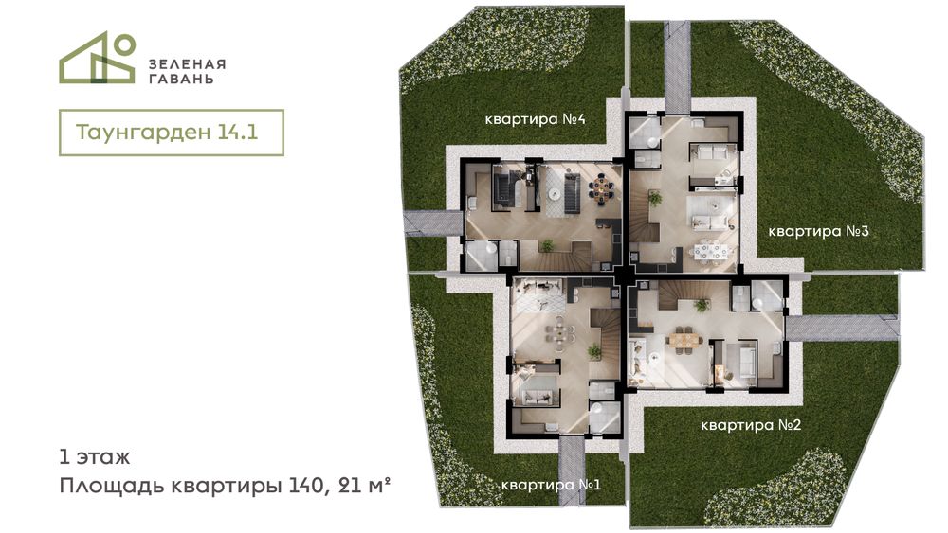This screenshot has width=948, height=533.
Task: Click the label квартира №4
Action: [535, 119]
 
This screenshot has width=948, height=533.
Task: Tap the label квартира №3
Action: [818, 231]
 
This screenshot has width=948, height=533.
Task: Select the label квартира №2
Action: [750, 426]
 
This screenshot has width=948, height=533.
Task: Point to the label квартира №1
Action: [551, 485]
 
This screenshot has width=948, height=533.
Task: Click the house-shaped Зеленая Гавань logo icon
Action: [97, 58]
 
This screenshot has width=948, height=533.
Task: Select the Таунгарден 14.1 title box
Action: [171, 133]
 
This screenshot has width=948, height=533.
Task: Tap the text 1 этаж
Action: [94, 457]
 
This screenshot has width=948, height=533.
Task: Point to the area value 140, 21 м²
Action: [334, 486]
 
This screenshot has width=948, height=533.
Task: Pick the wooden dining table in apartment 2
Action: [684, 340]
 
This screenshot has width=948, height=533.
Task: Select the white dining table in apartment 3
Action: [710, 250]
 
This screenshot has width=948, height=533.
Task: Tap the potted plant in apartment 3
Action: [654, 198]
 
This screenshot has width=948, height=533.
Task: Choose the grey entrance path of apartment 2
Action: [842, 328]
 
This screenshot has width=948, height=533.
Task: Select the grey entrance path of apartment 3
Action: [677, 67]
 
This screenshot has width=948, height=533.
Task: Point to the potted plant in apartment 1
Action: [594, 351]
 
